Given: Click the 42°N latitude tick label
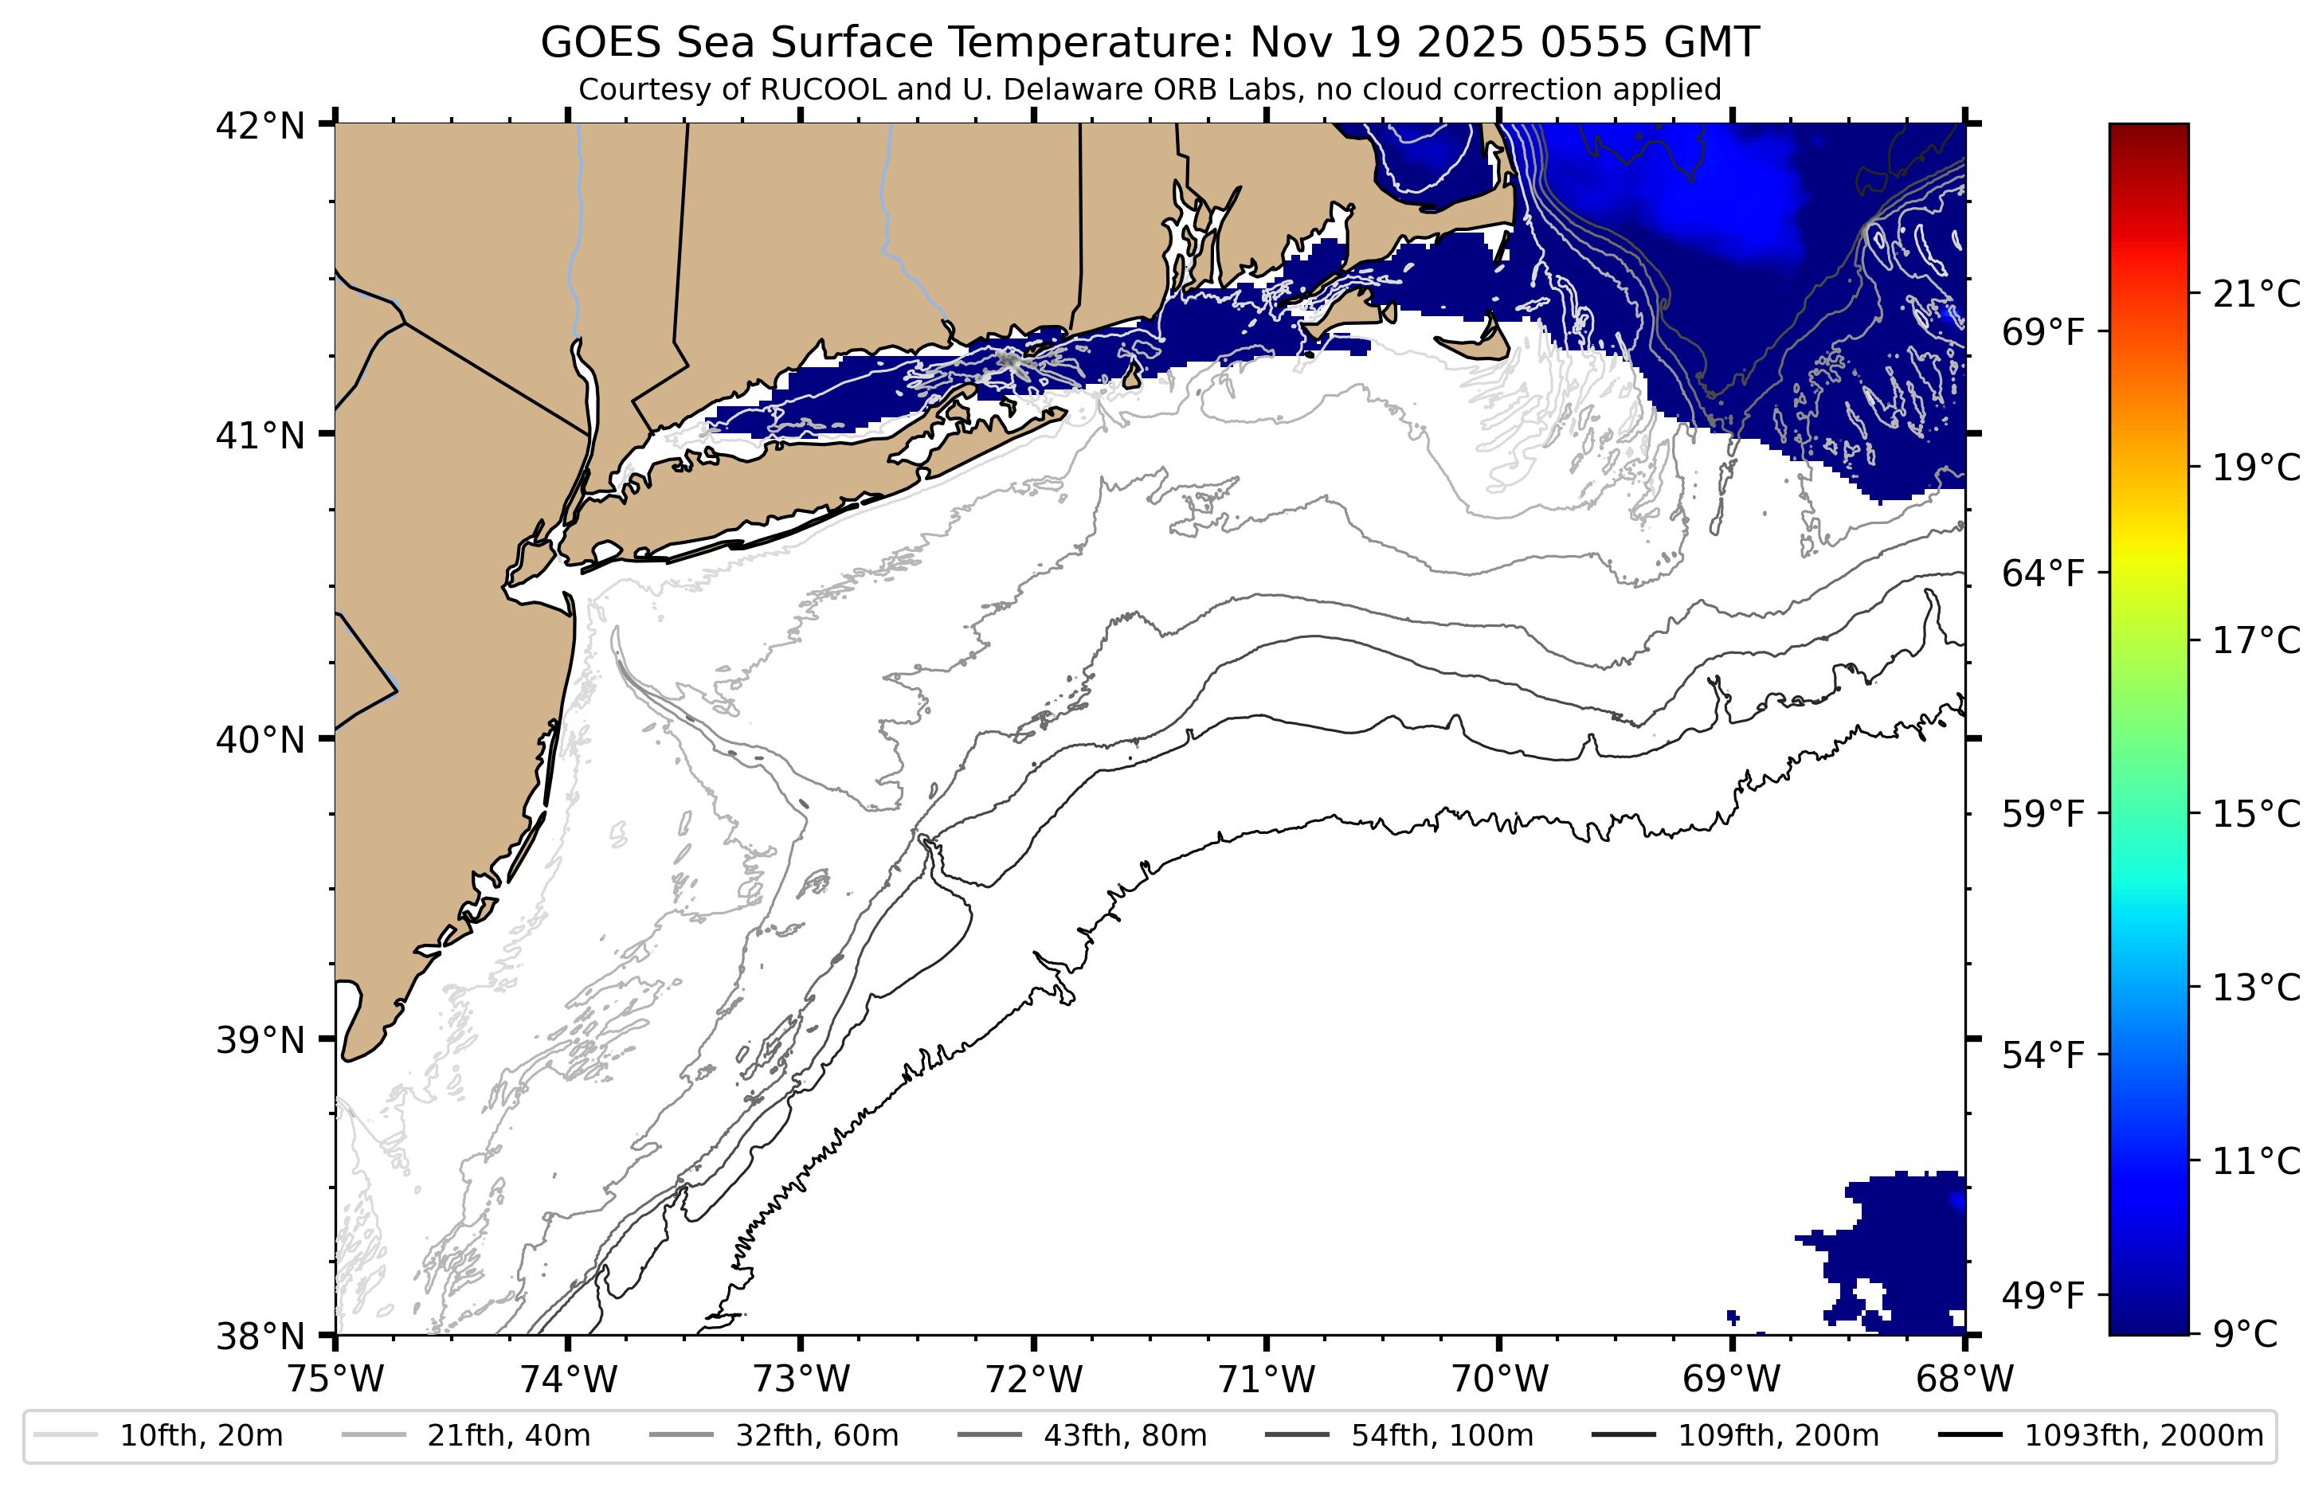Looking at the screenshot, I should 260,127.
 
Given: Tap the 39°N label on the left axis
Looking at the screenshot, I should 260,1041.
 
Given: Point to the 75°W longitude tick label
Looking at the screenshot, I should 335,1379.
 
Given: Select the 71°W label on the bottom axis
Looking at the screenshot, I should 1266,1379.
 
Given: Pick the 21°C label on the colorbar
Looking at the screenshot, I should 2256,294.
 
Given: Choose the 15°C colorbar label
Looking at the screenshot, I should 2256,814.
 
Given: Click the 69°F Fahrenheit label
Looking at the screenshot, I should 2043,332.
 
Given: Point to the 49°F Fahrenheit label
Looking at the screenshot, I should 2043,1295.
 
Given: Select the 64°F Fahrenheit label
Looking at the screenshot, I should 2043,573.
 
